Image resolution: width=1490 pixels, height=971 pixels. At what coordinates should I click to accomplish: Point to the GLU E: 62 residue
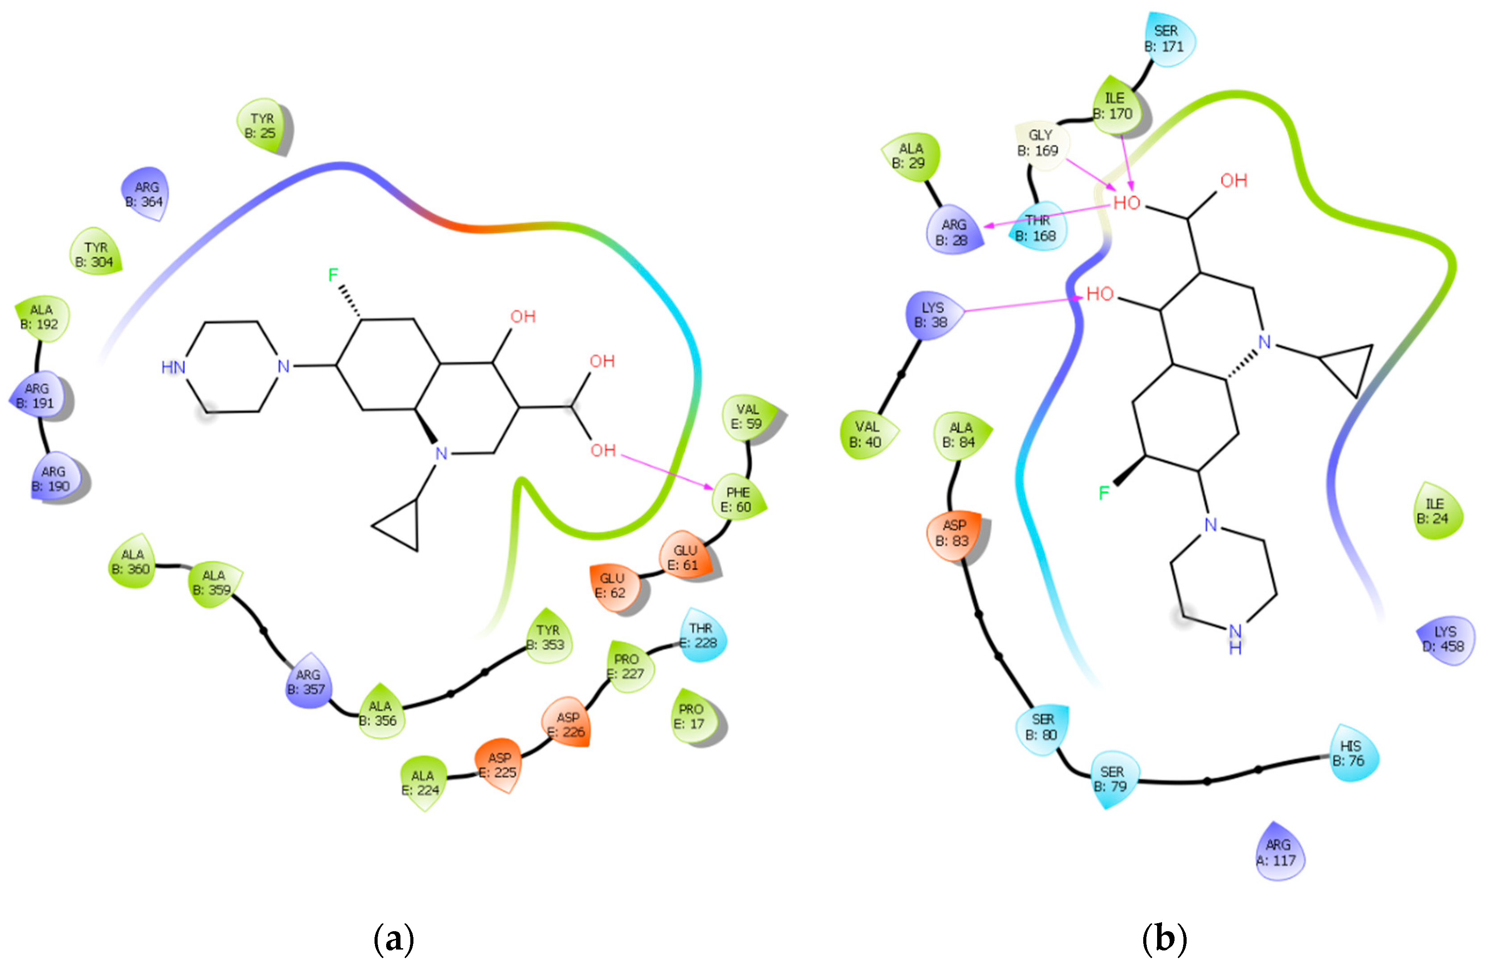click(x=613, y=585)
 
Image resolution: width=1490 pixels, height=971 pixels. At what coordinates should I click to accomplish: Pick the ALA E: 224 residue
click(x=422, y=783)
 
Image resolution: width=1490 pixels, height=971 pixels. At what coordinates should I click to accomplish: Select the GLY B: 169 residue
click(x=1039, y=143)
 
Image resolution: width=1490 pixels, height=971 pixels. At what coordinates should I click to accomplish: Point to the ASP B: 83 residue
click(x=954, y=533)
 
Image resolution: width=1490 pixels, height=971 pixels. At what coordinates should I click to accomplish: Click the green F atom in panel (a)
click(x=333, y=274)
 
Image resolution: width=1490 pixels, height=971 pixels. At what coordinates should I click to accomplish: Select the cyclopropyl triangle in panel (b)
click(x=1350, y=367)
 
